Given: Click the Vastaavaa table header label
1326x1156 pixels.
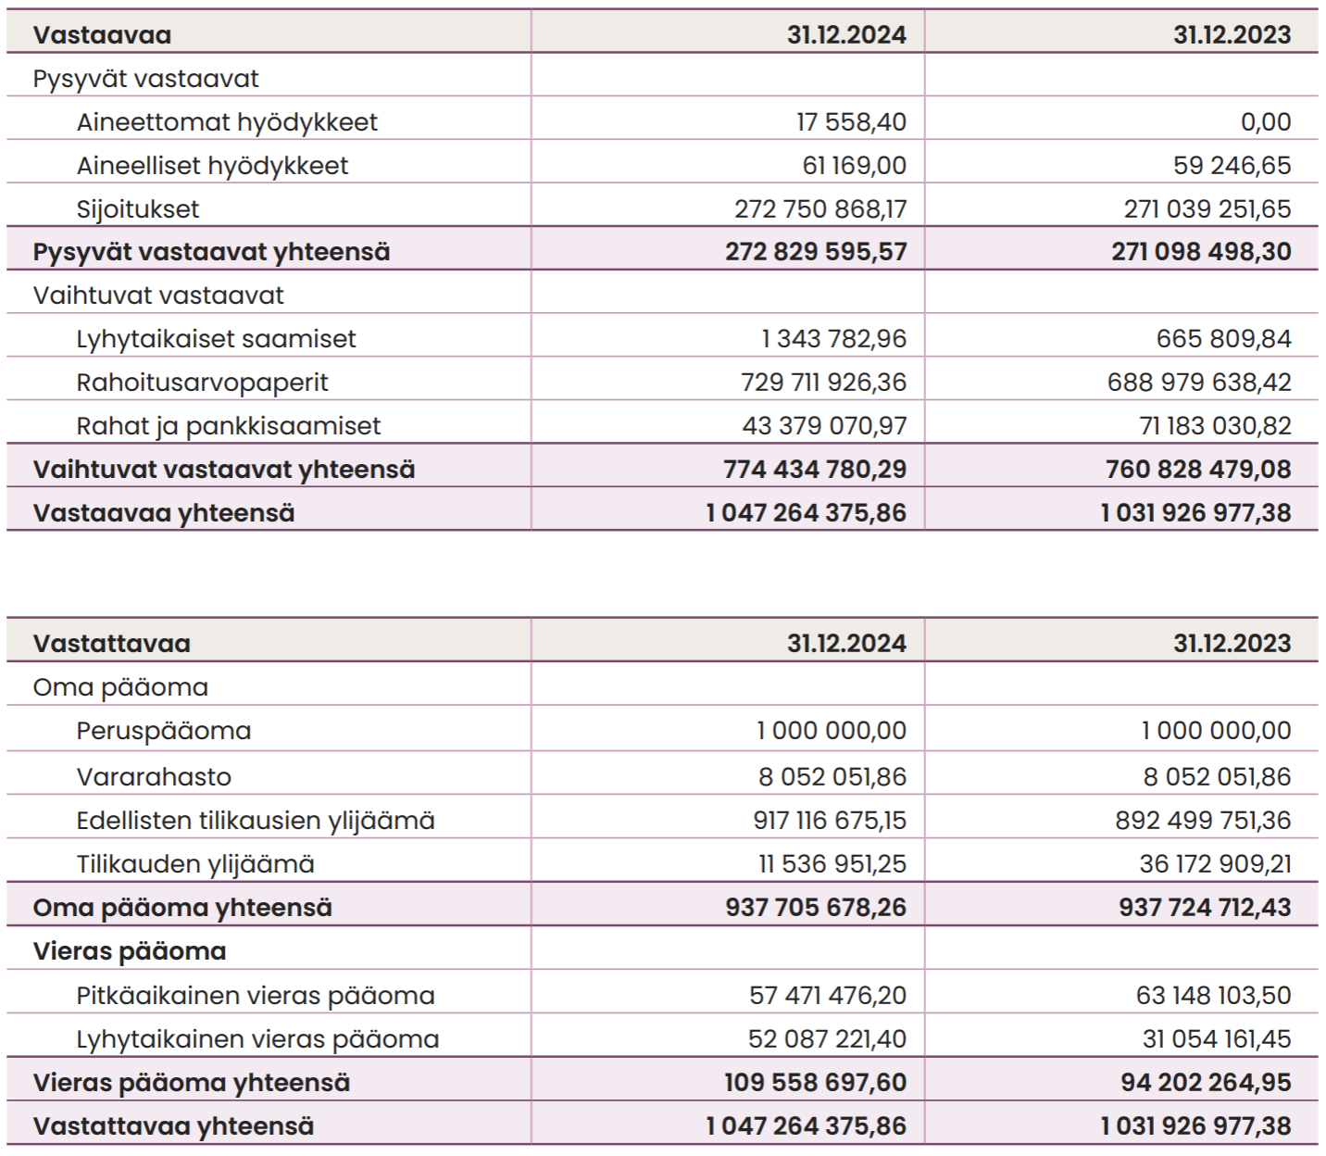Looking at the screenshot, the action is pyautogui.click(x=103, y=35).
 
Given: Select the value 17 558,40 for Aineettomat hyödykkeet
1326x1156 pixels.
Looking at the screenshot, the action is pyautogui.click(x=851, y=122).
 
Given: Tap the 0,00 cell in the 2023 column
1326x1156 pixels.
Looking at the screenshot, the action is pyautogui.click(x=1266, y=122).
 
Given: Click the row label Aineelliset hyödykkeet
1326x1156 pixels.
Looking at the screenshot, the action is pyautogui.click(x=213, y=166).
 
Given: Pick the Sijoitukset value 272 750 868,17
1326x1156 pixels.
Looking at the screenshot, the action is pyautogui.click(x=819, y=208).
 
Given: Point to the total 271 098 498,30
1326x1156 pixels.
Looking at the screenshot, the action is pyautogui.click(x=1201, y=252).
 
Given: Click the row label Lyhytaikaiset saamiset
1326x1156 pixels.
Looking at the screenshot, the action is pyautogui.click(x=217, y=339).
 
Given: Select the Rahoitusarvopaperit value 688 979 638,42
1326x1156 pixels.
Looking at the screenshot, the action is pyautogui.click(x=1199, y=383).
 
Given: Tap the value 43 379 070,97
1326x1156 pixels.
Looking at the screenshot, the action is pyautogui.click(x=824, y=426).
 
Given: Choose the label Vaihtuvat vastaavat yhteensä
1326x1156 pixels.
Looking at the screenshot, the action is pyautogui.click(x=224, y=470).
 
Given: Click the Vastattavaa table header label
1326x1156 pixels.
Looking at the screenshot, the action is pyautogui.click(x=112, y=644).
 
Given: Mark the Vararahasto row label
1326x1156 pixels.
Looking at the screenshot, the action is pyautogui.click(x=154, y=777).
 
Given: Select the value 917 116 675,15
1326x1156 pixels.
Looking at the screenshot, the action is pyautogui.click(x=830, y=820).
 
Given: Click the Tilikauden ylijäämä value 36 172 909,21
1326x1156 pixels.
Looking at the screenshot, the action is pyautogui.click(x=1215, y=863).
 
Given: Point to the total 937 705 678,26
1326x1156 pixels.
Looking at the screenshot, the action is pyautogui.click(x=815, y=907).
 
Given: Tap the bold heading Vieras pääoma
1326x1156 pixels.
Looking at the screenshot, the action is pyautogui.click(x=130, y=952).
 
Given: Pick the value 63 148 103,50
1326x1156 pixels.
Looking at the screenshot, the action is pyautogui.click(x=1213, y=995).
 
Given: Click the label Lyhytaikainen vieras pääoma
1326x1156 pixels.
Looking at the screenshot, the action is pyautogui.click(x=258, y=1039).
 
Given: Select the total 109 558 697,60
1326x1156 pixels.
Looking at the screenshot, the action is pyautogui.click(x=815, y=1082).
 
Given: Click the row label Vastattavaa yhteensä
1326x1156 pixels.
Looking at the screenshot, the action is pyautogui.click(x=174, y=1126).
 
